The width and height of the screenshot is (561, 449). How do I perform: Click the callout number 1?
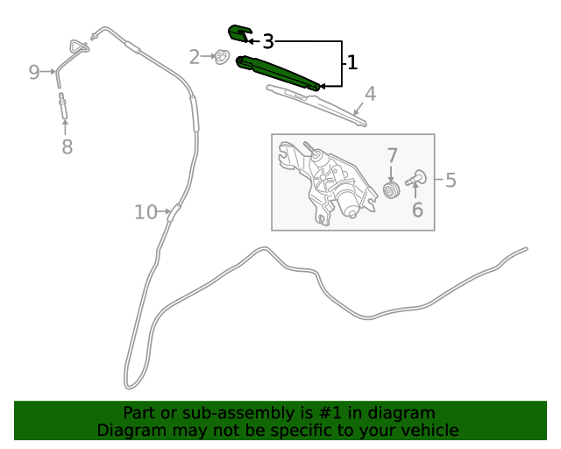click(352, 62)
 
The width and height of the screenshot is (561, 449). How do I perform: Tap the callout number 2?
click(195, 57)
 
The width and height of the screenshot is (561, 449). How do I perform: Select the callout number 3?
click(268, 41)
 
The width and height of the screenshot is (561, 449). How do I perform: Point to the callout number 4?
click(370, 94)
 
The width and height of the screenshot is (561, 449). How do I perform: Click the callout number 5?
click(451, 180)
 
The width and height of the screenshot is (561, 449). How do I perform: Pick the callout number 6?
click(417, 210)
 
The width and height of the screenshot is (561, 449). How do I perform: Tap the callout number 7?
click(392, 155)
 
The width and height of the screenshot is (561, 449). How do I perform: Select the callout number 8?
click(67, 146)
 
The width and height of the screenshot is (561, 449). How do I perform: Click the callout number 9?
click(34, 72)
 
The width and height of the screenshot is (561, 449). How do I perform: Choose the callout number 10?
click(146, 212)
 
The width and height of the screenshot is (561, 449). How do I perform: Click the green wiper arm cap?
click(240, 33)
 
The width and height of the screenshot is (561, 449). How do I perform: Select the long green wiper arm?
click(278, 73)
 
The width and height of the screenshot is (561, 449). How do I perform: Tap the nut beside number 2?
click(222, 57)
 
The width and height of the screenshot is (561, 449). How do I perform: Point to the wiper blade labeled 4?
click(316, 105)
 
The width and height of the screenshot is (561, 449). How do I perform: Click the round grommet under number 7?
click(392, 189)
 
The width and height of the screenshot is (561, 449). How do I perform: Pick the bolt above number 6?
click(416, 178)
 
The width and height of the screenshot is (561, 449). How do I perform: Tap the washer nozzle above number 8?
click(63, 105)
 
